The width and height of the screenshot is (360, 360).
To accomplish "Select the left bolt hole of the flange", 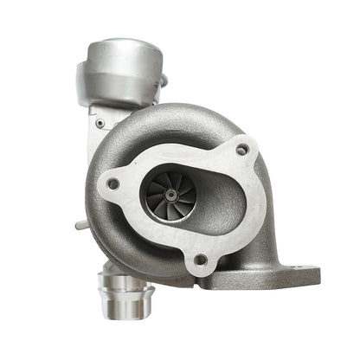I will [x=112, y=183].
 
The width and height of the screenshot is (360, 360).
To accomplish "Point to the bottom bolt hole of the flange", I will [x=201, y=259].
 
